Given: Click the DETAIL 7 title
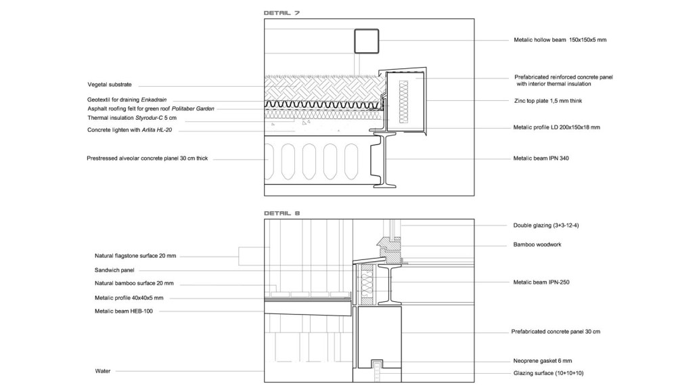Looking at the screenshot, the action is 282,13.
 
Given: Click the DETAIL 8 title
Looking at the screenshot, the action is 282,213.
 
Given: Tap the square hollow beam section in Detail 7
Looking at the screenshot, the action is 367,41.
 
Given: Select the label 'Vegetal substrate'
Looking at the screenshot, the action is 110,85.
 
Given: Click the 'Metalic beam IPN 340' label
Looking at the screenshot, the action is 541,158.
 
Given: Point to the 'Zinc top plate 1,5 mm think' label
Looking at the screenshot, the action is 548,101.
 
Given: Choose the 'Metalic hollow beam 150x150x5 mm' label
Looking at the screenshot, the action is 560,40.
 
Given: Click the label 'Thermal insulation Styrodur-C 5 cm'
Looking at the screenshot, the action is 132,118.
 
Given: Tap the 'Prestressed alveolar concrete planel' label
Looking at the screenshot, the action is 147,158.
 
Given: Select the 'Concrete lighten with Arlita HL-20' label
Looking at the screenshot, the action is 129,130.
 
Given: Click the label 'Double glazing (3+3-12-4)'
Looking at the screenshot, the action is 546,225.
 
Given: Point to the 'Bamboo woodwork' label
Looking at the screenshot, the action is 537,244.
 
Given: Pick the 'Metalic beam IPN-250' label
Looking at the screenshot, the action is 541,282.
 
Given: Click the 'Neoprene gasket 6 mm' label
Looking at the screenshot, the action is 542,361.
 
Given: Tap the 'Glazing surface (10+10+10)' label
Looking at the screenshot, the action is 548,373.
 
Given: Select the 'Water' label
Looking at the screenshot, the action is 103,371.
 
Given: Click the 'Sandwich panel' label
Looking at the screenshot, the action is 114,270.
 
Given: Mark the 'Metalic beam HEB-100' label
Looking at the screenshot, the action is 124,311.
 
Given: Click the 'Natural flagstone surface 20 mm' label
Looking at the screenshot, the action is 135,256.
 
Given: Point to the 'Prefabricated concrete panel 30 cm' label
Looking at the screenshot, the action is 556,332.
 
